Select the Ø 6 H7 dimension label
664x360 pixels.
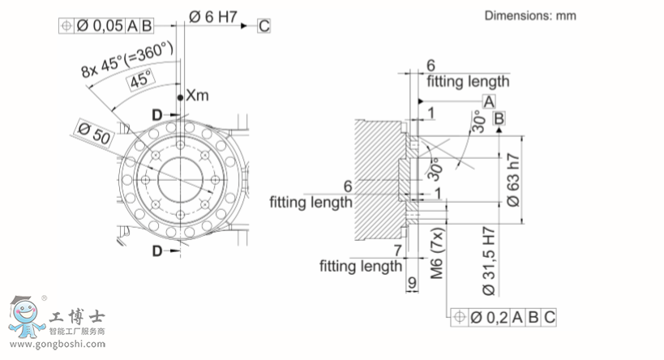click(x=213, y=15)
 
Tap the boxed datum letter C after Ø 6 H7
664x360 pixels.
click(x=263, y=26)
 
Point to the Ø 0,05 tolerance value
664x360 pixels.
click(x=101, y=26)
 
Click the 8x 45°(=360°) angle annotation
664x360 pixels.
click(x=129, y=60)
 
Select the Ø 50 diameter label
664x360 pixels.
click(x=91, y=132)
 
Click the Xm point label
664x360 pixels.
click(x=197, y=96)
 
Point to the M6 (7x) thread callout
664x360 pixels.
click(x=435, y=251)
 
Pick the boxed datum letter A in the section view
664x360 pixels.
click(x=489, y=101)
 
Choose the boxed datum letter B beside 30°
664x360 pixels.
click(x=499, y=119)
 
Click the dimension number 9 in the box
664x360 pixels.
click(x=412, y=284)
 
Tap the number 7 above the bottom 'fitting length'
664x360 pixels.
click(x=397, y=250)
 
